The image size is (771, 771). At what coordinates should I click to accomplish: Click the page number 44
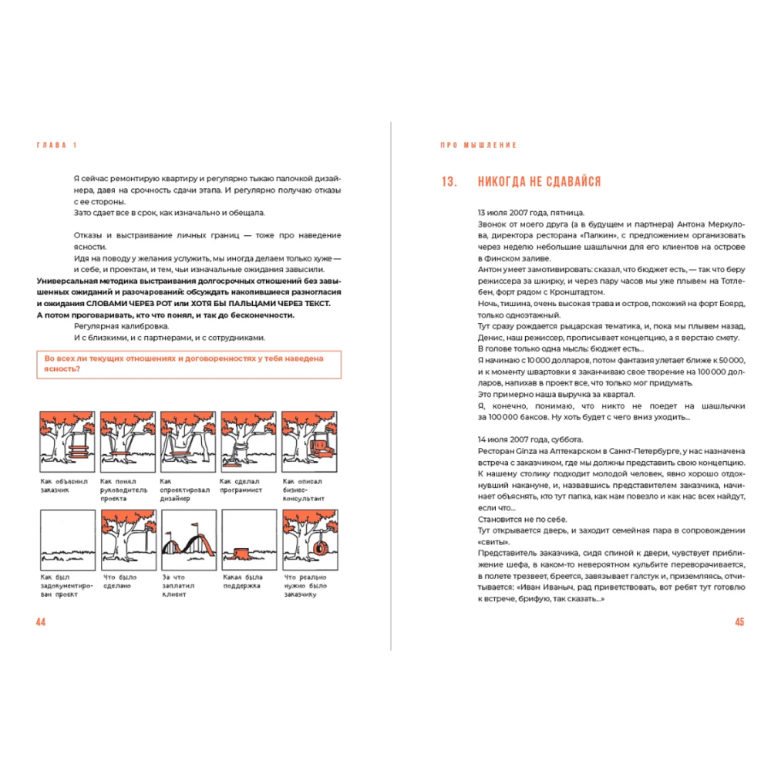(42, 622)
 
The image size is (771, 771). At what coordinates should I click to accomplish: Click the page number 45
(739, 622)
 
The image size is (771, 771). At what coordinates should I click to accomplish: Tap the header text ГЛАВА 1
(57, 145)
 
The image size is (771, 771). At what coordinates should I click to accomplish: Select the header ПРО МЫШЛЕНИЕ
(478, 145)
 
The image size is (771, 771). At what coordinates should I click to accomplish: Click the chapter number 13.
(449, 182)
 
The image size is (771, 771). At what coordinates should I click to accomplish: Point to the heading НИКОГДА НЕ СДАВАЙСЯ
(539, 182)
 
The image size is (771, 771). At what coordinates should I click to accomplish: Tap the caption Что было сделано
(119, 581)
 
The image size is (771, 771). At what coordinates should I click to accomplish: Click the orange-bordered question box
(188, 364)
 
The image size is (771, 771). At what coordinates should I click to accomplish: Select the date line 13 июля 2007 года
(530, 212)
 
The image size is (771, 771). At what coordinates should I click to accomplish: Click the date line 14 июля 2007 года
(530, 439)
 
